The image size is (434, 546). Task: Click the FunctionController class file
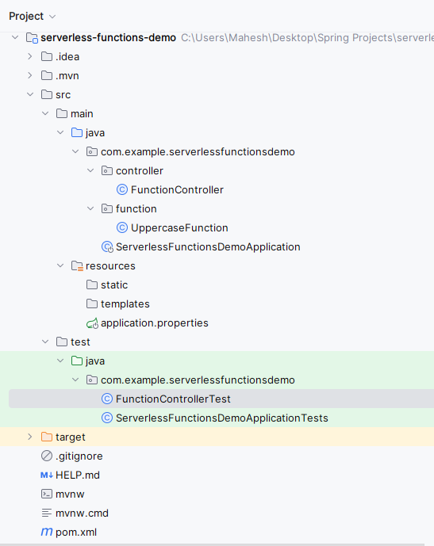pos(177,189)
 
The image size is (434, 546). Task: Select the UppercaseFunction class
pos(179,227)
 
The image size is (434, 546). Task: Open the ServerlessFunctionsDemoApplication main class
pos(208,247)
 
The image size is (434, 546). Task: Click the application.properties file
pos(155,323)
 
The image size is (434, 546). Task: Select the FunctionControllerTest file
pos(173,399)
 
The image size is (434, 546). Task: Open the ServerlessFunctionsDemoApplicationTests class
pos(221,418)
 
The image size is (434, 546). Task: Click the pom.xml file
pos(76,532)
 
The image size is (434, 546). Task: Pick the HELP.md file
pos(78,475)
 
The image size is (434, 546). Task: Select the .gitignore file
pos(79,456)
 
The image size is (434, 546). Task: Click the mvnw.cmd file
pos(82,514)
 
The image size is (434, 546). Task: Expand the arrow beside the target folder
pos(30,437)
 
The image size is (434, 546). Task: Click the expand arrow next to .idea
pos(30,56)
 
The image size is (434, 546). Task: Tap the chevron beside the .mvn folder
pos(30,75)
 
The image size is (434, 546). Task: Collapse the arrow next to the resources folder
pos(60,265)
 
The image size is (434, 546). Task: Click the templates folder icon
pos(92,304)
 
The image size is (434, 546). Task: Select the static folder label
pos(114,284)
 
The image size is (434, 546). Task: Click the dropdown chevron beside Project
pos(52,17)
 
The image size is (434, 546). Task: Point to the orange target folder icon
pos(47,437)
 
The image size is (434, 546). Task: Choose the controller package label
pos(140,171)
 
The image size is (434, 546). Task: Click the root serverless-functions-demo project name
pos(108,37)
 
